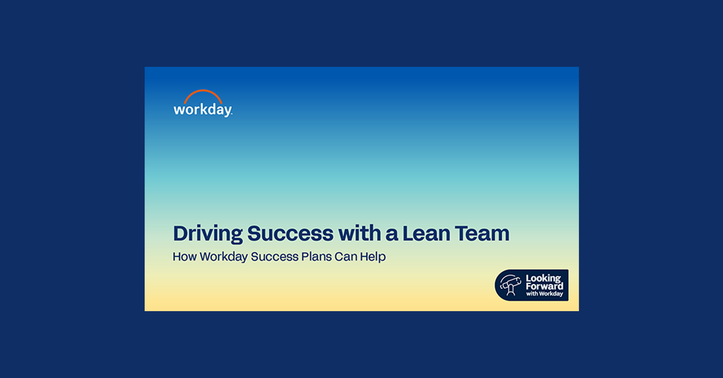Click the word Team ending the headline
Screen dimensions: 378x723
[483, 233]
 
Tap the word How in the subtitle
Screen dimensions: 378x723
[183, 256]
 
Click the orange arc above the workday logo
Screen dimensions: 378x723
[202, 96]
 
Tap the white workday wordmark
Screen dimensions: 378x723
[202, 110]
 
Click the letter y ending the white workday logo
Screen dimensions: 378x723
[227, 111]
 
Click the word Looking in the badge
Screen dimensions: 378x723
[543, 279]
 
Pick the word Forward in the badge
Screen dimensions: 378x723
[544, 287]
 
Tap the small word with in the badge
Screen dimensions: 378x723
[532, 294]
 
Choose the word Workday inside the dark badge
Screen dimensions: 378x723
[551, 294]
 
